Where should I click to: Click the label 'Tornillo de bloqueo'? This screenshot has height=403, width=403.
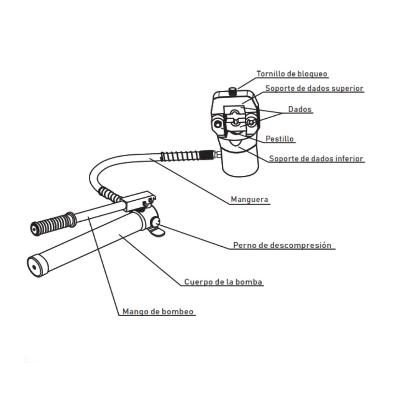pyautogui.click(x=292, y=74)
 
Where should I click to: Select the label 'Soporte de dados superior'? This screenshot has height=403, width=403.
pyautogui.click(x=314, y=88)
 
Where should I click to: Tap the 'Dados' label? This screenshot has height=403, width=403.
pyautogui.click(x=300, y=109)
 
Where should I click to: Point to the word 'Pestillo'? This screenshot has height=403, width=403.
pyautogui.click(x=279, y=139)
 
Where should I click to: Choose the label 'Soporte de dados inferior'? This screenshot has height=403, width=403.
pyautogui.click(x=316, y=159)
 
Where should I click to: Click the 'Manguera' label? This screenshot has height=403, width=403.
pyautogui.click(x=249, y=199)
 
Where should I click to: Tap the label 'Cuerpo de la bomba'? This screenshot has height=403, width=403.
pyautogui.click(x=224, y=282)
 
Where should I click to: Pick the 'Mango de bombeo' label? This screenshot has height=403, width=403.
pyautogui.click(x=158, y=312)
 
